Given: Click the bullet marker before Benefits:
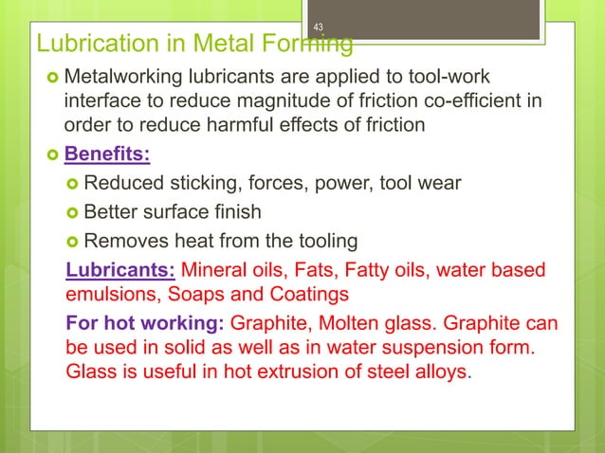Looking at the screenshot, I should pyautogui.click(x=46, y=154).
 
